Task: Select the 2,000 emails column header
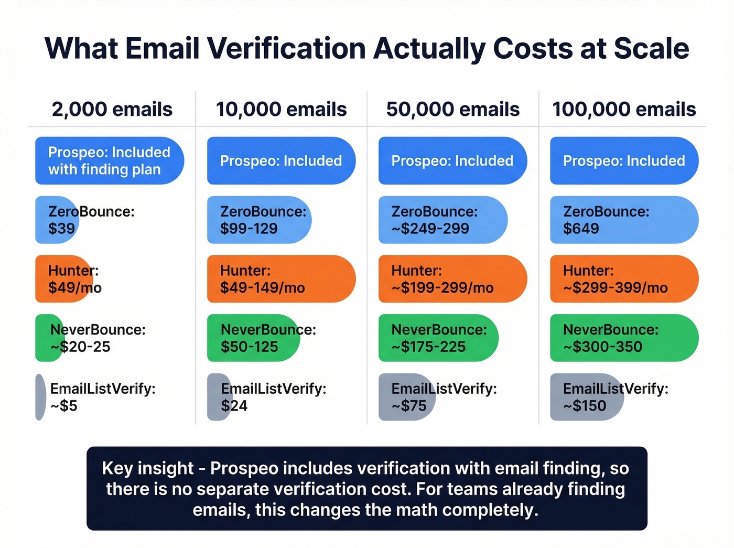(112, 109)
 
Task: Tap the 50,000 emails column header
(452, 109)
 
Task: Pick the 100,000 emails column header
(624, 109)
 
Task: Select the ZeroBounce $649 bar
(624, 220)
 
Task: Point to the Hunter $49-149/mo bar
(281, 279)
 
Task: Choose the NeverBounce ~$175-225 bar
(438, 338)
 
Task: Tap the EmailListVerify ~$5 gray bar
(40, 397)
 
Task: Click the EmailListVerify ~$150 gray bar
(586, 397)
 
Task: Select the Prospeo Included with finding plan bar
(109, 160)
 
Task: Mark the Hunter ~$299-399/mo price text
(615, 288)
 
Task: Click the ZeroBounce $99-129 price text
(249, 229)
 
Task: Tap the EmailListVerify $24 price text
(234, 406)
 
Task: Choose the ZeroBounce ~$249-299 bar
(442, 220)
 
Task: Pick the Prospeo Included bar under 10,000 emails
(281, 160)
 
